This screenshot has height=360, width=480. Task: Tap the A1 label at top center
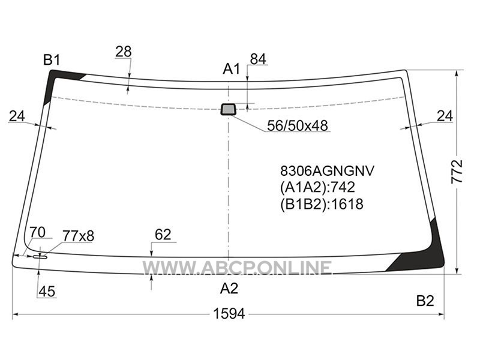[x=232, y=69]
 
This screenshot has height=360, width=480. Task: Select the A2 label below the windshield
[x=229, y=289]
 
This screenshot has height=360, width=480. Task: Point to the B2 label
[x=425, y=301]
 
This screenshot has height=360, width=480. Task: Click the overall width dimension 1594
[x=229, y=314]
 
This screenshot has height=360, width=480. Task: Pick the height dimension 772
[x=457, y=172]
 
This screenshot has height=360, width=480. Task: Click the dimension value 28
[x=124, y=52]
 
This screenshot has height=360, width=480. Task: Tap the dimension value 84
[x=258, y=59]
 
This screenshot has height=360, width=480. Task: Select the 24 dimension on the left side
[x=17, y=116]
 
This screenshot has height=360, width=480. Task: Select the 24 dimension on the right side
[x=445, y=116]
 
